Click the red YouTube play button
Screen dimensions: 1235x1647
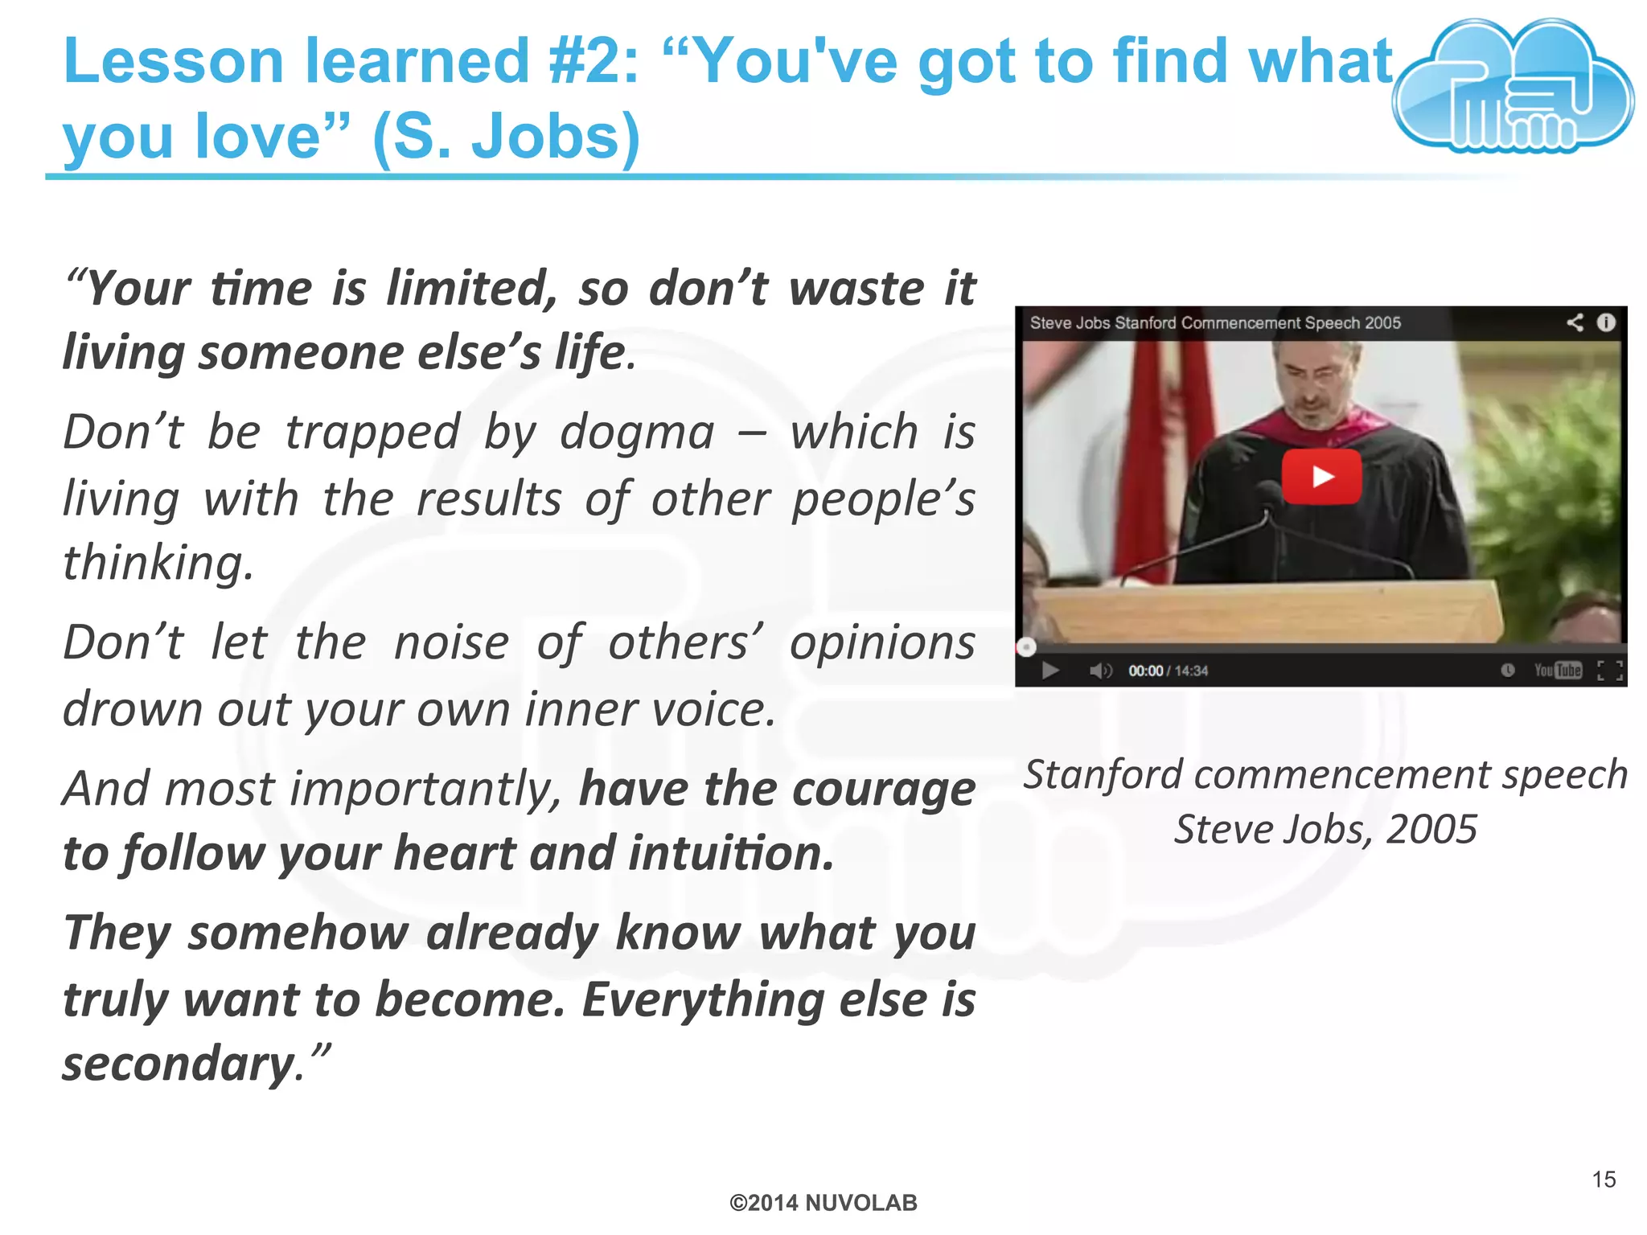pyautogui.click(x=1321, y=477)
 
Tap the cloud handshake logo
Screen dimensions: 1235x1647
pyautogui.click(x=1513, y=88)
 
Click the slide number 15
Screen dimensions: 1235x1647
pyautogui.click(x=1604, y=1180)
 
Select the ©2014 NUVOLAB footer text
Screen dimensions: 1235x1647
pyautogui.click(x=823, y=1203)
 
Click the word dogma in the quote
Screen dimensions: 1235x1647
pyautogui.click(x=637, y=434)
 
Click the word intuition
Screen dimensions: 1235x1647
pyautogui.click(x=730, y=854)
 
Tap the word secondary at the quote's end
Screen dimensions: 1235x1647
pyautogui.click(x=181, y=1064)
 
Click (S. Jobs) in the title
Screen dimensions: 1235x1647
pyautogui.click(x=507, y=137)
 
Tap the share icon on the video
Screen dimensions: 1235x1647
pyautogui.click(x=1575, y=322)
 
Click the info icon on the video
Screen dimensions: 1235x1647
pyautogui.click(x=1606, y=322)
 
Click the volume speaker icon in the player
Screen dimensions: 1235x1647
pyautogui.click(x=1100, y=671)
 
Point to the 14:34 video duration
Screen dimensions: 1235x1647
pyautogui.click(x=1191, y=671)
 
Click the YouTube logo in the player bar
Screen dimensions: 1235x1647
pyautogui.click(x=1558, y=670)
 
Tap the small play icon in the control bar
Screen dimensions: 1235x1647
pyautogui.click(x=1050, y=671)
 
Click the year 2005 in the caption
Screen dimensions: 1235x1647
pyautogui.click(x=1431, y=830)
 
